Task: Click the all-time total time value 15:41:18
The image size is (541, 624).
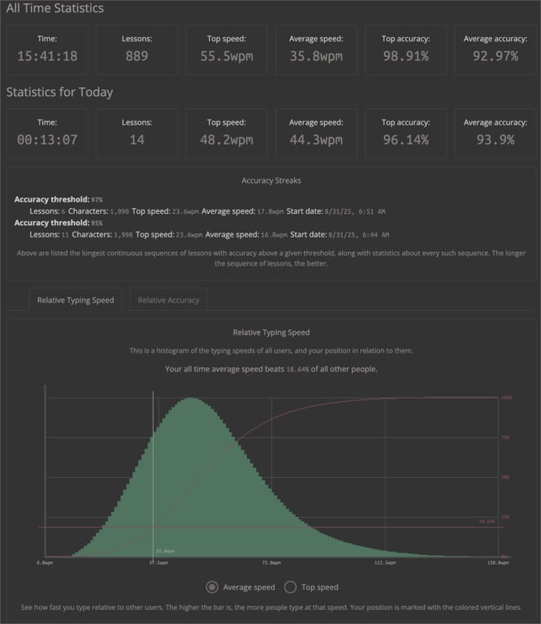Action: point(47,57)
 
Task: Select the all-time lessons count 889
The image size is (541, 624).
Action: point(136,57)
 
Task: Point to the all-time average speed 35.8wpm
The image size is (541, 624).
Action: point(315,57)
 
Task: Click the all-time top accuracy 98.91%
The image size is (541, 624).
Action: point(404,57)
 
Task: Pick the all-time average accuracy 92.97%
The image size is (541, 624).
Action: point(493,57)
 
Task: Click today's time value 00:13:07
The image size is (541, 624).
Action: point(47,140)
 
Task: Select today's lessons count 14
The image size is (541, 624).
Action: point(136,140)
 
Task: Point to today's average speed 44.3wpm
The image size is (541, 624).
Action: point(315,140)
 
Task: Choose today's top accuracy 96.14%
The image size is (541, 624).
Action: point(404,140)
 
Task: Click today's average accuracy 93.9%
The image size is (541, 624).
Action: point(493,140)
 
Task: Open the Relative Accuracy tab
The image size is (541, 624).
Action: point(168,300)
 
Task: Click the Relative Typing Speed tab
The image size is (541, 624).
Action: point(76,300)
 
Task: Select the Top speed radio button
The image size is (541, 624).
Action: point(290,587)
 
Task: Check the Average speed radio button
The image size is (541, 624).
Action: point(213,587)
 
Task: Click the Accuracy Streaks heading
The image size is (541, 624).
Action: point(270,180)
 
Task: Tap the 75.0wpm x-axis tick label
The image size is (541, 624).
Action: point(271,561)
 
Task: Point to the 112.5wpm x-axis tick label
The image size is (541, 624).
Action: point(384,561)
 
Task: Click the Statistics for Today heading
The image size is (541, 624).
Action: point(59,92)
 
